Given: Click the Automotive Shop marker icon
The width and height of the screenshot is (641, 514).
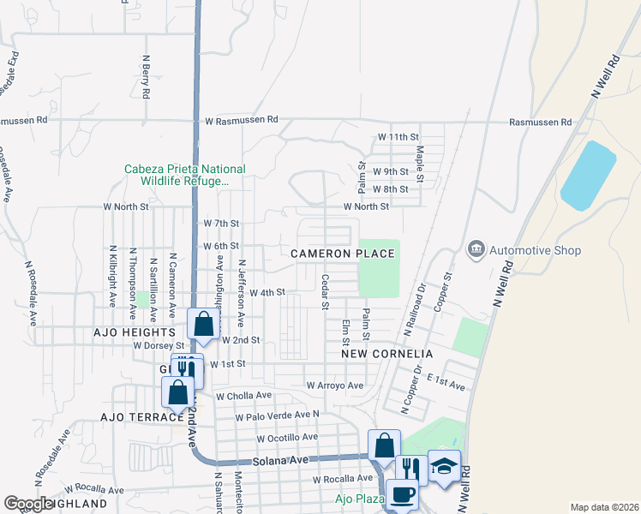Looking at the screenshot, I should point(475,250).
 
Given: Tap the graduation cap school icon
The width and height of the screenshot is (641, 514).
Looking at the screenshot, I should point(444,465).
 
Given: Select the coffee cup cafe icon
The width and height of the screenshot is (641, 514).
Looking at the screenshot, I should point(402,493).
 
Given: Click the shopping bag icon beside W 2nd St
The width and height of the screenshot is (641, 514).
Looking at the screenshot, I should point(203,325).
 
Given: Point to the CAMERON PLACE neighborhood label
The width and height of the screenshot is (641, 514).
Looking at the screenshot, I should point(342,254).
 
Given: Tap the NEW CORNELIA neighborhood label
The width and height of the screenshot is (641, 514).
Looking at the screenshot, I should point(386,353).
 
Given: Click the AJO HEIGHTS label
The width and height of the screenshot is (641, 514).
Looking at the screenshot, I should point(136,332).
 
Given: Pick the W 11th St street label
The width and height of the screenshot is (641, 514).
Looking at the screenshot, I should point(398,137).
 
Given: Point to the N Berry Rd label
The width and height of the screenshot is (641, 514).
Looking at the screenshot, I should point(147,76).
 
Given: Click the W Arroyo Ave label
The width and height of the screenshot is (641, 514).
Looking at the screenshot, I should point(335,385).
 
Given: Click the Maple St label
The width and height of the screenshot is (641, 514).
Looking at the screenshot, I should point(420,163).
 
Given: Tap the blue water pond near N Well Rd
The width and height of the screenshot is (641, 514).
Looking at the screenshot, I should point(588,175).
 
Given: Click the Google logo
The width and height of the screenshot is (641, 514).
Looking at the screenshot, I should point(28,504).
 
